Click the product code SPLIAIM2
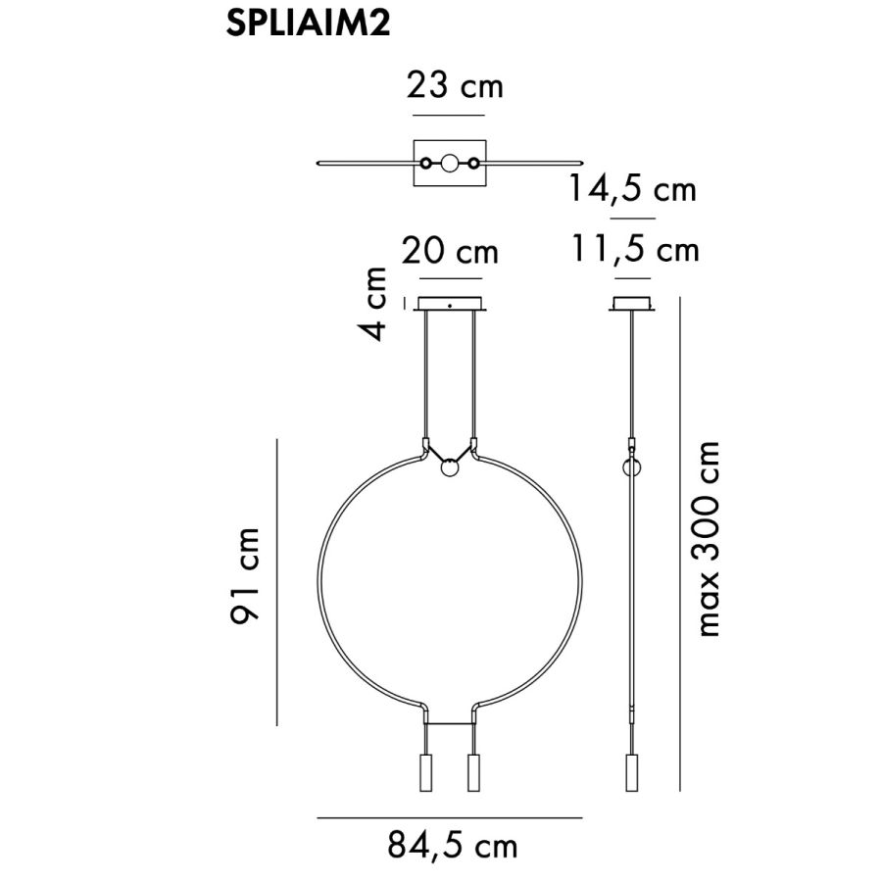(x=308, y=24)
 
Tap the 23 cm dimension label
(x=455, y=85)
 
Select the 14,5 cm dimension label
(x=633, y=188)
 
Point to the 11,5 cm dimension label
(x=635, y=249)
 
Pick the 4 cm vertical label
(x=374, y=304)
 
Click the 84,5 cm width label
(x=452, y=845)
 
